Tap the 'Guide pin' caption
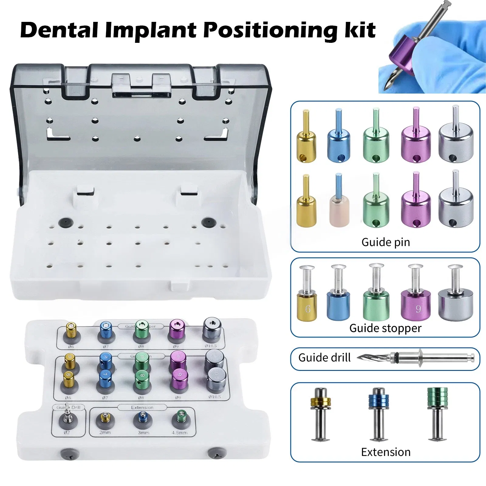click(385, 242)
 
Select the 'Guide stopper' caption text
click(385, 328)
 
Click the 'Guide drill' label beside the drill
click(324, 358)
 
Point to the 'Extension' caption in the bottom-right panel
click(386, 452)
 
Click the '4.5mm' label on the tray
click(180, 433)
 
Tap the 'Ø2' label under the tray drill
click(67, 432)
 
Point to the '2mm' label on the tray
click(105, 432)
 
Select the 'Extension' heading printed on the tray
click(142, 407)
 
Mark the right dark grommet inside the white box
click(207, 222)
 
